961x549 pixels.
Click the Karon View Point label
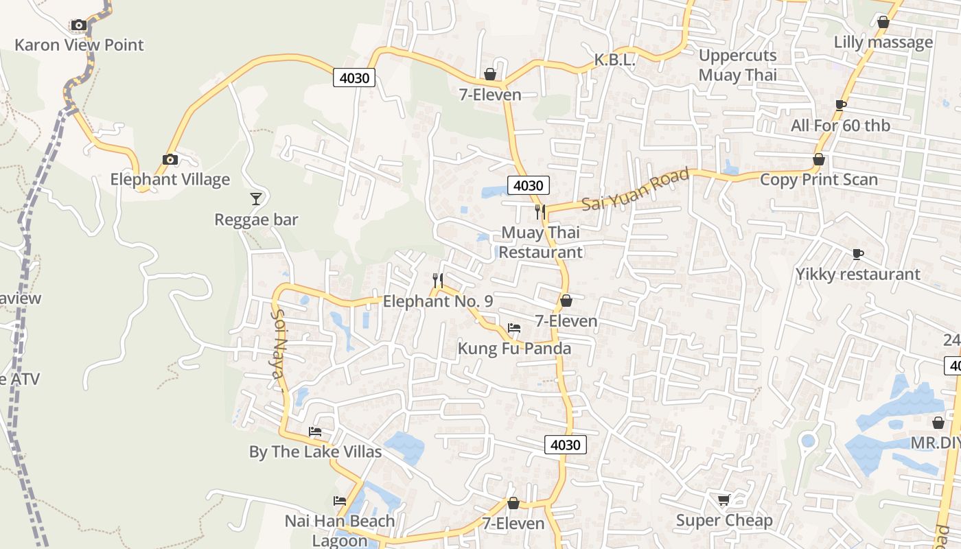pyautogui.click(x=79, y=45)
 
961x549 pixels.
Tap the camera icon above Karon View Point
pyautogui.click(x=79, y=25)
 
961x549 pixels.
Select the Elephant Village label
pyautogui.click(x=170, y=180)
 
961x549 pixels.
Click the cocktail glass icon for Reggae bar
pyautogui.click(x=256, y=199)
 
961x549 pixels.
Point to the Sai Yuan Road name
pyautogui.click(x=635, y=191)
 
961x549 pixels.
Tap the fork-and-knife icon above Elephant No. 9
pyautogui.click(x=438, y=280)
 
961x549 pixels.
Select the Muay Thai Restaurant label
pyautogui.click(x=540, y=242)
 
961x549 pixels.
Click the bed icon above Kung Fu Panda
pyautogui.click(x=514, y=328)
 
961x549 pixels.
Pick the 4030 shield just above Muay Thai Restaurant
pyautogui.click(x=528, y=185)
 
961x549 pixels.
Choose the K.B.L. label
pyautogui.click(x=615, y=60)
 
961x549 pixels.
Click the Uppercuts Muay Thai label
pyautogui.click(x=737, y=65)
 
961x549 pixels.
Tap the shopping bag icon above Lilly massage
pyautogui.click(x=883, y=23)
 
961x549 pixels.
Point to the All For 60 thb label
pyautogui.click(x=840, y=126)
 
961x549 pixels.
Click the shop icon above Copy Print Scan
pyautogui.click(x=818, y=160)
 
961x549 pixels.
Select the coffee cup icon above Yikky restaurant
pyautogui.click(x=857, y=255)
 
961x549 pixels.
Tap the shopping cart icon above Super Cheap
pyautogui.click(x=723, y=500)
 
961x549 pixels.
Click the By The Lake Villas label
pyautogui.click(x=315, y=452)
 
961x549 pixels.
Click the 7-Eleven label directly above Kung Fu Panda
pyautogui.click(x=566, y=321)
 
